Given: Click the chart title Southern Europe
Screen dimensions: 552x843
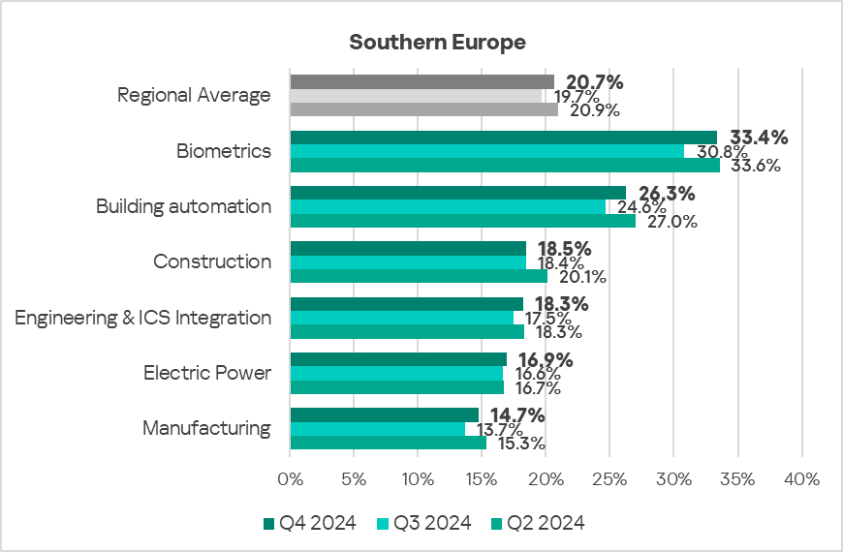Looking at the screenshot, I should [x=437, y=43].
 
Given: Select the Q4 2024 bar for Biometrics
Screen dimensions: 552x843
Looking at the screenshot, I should [x=503, y=138].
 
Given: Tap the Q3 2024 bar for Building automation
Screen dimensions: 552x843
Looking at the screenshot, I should [x=448, y=207].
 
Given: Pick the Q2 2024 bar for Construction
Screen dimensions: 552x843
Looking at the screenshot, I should [x=419, y=276].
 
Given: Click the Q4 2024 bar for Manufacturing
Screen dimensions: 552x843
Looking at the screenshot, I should [x=384, y=415].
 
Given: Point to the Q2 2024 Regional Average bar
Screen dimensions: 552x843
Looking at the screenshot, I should [x=423, y=109].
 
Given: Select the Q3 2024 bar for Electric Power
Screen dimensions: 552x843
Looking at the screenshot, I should [x=396, y=374].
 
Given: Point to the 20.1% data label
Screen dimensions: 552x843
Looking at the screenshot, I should [x=583, y=277].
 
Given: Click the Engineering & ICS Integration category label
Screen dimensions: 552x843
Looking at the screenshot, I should [x=143, y=318].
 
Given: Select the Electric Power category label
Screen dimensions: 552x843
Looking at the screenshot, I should [x=207, y=373].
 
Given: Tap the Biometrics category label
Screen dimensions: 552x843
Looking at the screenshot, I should [x=224, y=151].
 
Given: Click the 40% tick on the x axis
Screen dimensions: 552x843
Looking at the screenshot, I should [x=801, y=478].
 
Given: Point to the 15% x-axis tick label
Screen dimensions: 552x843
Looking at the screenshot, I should [x=482, y=478].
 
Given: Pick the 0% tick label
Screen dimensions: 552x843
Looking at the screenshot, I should [x=290, y=478].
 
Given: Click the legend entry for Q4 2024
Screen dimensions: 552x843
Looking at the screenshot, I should [x=310, y=523].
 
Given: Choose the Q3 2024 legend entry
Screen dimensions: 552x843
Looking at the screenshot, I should [x=424, y=523].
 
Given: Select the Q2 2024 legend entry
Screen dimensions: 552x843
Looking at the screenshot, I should [x=538, y=523].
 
